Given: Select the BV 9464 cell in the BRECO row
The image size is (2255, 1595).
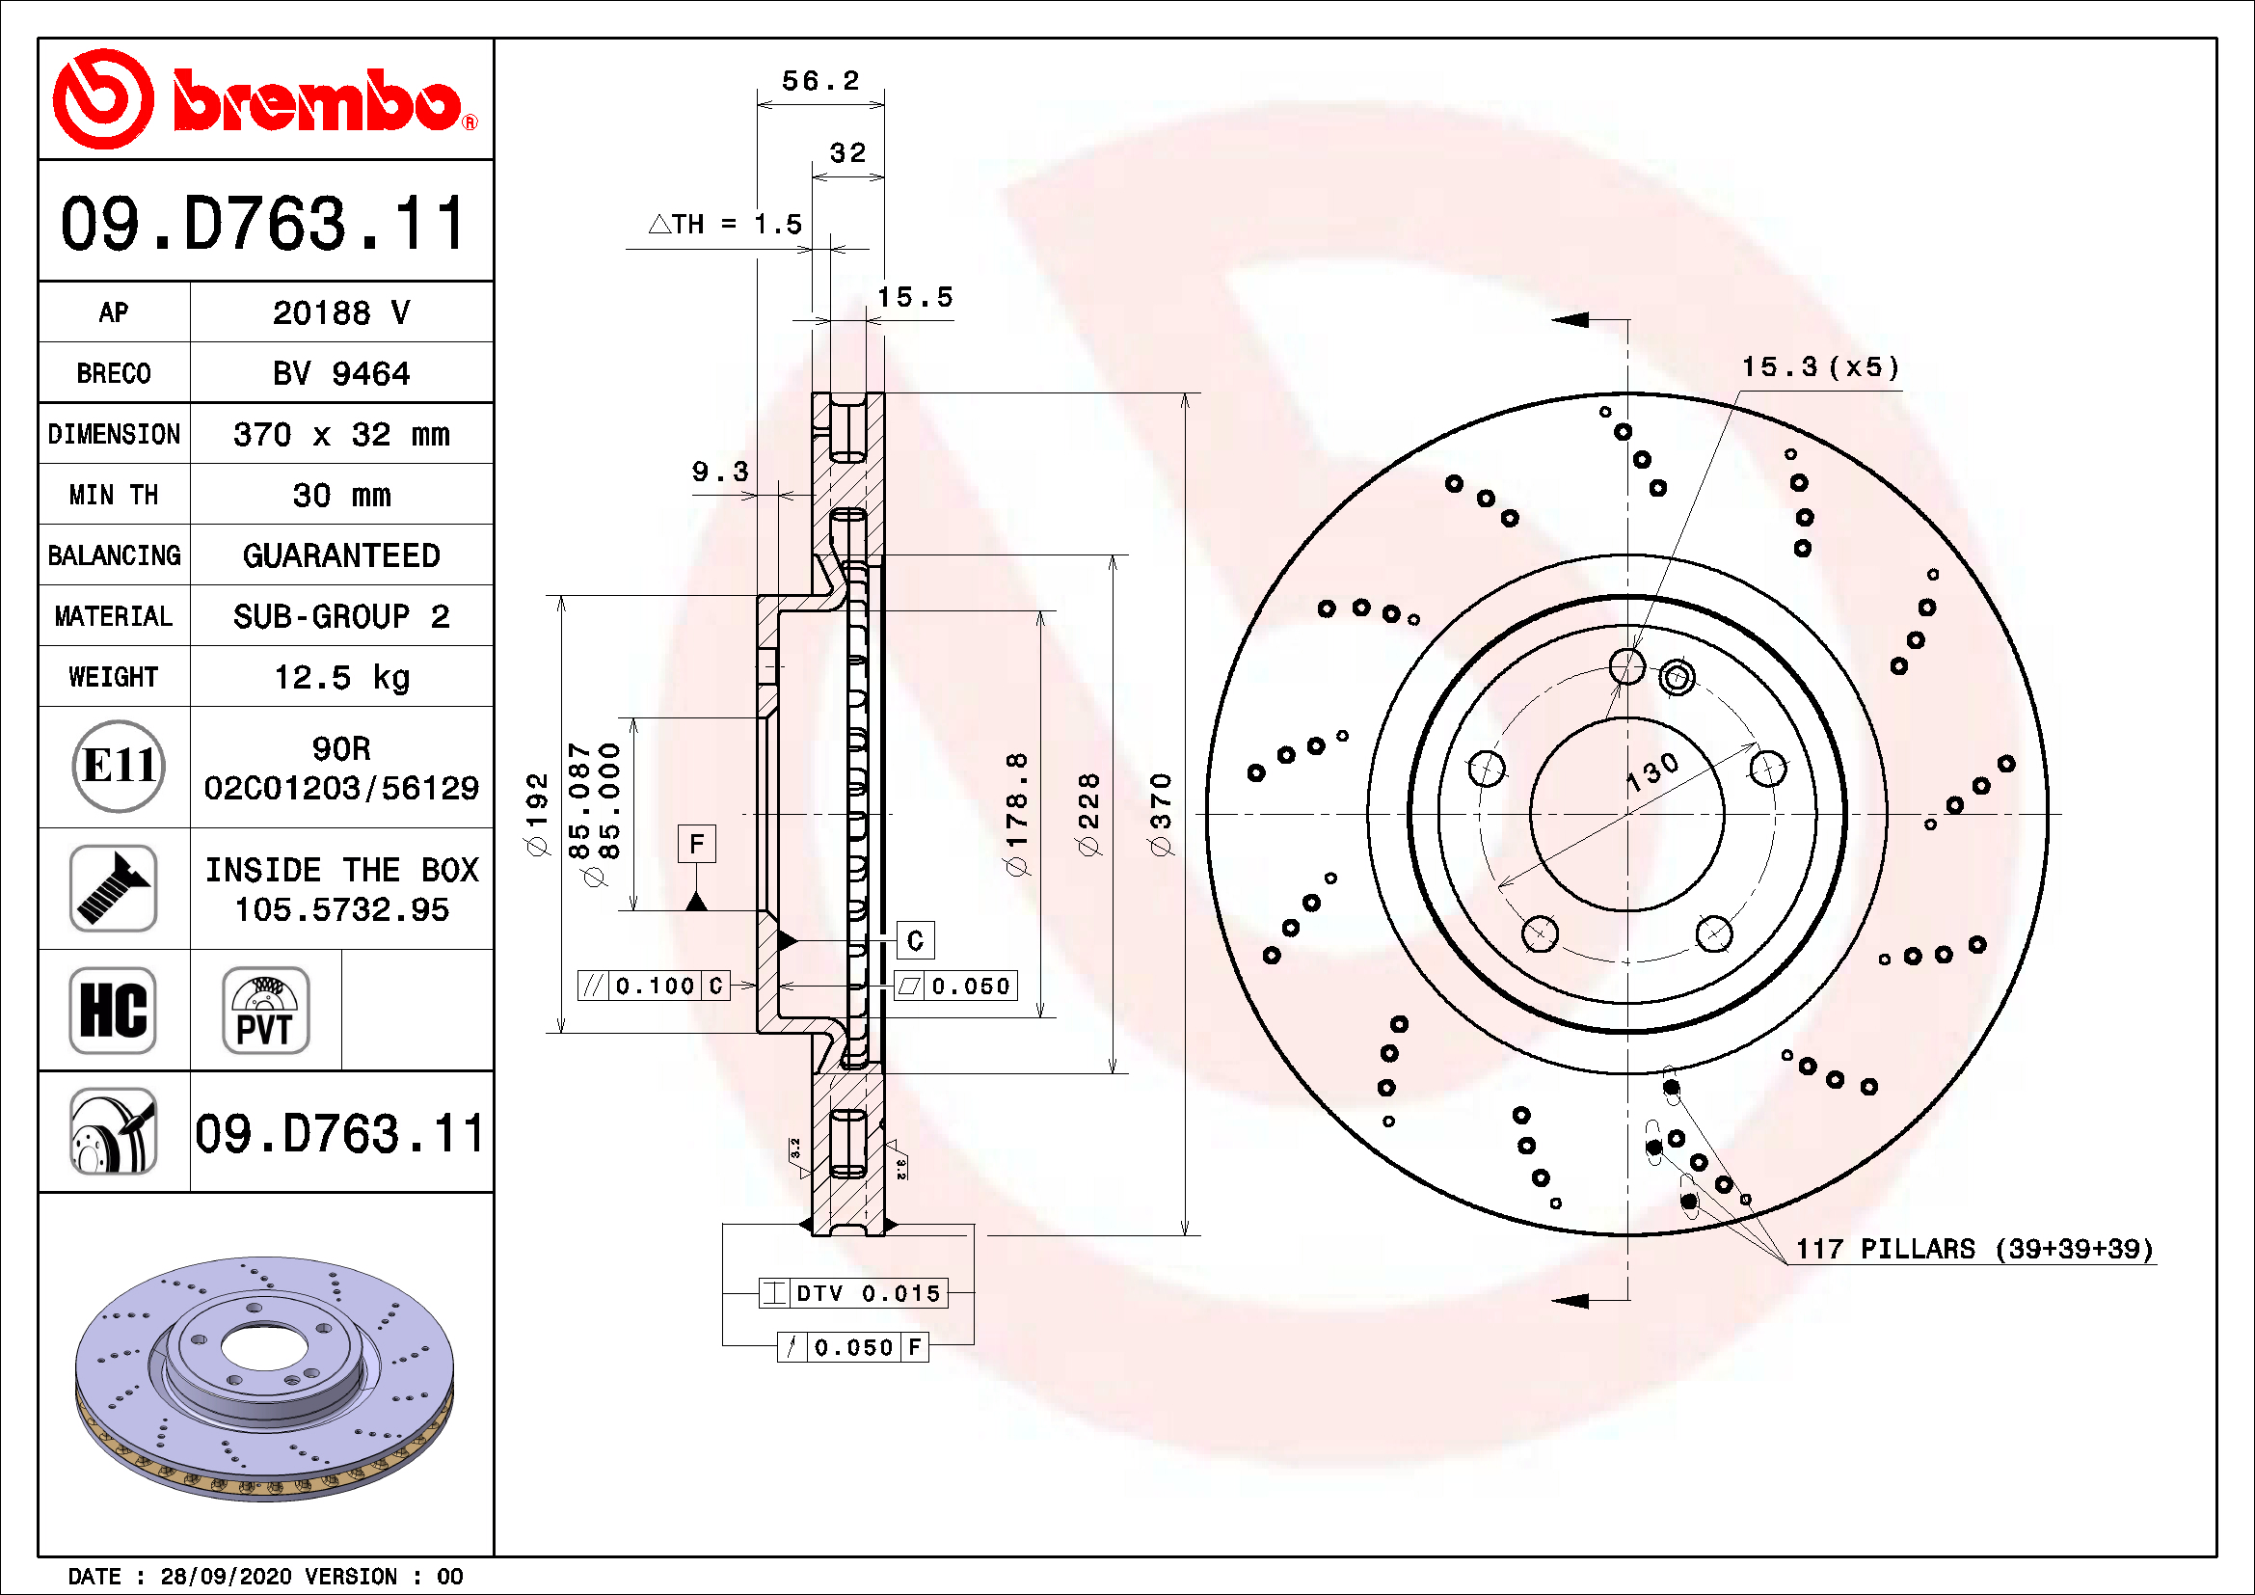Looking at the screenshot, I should pos(340,373).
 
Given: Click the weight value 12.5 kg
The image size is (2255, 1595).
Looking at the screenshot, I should pos(340,677).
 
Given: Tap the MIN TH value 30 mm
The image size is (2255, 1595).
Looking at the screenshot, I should pos(340,495).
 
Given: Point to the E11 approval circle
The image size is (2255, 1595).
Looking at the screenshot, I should pos(118,766).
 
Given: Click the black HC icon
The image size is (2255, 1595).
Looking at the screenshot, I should pos(113,1010).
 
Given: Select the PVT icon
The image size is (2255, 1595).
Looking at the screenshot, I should pos(265,1010).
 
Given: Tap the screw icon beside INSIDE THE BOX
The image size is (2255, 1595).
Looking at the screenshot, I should pos(113,888).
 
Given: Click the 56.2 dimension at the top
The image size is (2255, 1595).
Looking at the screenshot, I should pos(820,81).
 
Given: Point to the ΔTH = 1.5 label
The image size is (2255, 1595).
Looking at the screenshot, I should pos(726,225).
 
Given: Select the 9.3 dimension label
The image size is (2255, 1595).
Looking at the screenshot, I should pos(720,472).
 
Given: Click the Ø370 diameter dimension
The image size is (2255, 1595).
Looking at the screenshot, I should pos(1162,814).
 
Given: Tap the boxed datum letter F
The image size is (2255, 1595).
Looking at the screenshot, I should pos(696,844).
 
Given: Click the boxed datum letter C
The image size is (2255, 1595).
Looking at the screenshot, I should pos(914,940).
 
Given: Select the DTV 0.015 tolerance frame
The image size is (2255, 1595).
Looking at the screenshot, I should pos(852,1292).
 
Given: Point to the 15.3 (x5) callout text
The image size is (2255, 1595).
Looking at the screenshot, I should pos(1820,367).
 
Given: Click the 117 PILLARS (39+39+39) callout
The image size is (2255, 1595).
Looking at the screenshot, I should pos(1973,1248).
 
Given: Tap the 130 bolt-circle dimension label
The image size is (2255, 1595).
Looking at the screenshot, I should pos(1653,773).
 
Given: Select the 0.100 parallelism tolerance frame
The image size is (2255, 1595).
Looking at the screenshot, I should pos(654,986).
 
